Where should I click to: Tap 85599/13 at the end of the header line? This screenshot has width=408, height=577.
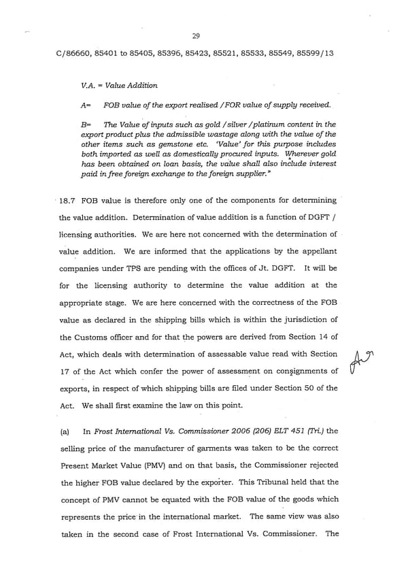[315, 52]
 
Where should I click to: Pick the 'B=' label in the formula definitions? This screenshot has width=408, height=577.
[85, 125]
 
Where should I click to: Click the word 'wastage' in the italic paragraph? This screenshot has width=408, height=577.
[211, 135]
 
